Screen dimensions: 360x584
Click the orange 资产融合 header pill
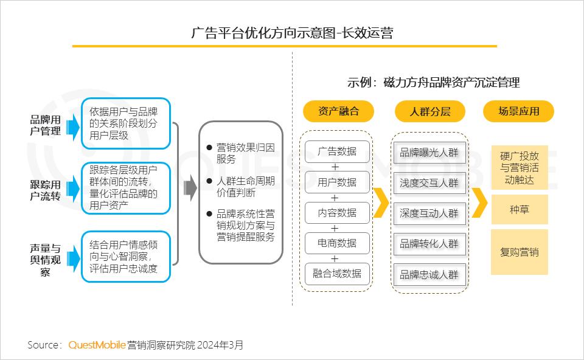point(338,111)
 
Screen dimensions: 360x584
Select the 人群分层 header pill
point(429,111)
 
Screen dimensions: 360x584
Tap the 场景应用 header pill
point(519,111)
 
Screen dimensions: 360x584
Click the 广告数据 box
point(338,151)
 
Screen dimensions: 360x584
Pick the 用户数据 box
point(338,182)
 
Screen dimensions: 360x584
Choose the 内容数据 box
point(338,212)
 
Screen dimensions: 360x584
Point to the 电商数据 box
point(338,243)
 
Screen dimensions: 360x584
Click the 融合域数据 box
point(338,273)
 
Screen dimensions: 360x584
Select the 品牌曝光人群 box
point(429,153)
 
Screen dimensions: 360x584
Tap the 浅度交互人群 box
point(429,182)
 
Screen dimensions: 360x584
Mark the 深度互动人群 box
point(429,213)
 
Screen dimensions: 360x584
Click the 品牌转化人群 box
point(429,244)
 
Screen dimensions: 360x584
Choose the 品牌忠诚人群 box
point(429,274)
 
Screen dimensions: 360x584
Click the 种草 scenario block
point(519,210)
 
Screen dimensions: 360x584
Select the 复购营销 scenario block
point(519,252)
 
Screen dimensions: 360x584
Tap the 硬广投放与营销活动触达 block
point(519,167)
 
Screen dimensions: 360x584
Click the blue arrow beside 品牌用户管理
point(72,126)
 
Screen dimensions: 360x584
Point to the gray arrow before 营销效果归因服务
point(190,190)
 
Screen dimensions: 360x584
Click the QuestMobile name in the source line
point(97,345)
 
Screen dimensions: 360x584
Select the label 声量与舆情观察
point(45,260)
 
